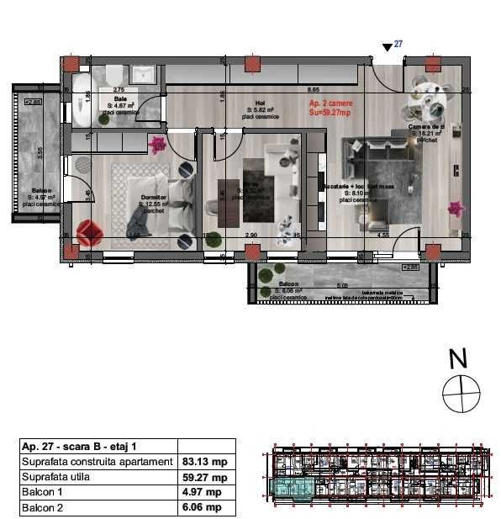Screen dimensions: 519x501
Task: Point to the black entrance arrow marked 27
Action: (387, 48)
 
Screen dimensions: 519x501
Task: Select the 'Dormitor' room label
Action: (153, 198)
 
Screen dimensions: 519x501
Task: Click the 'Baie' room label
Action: (121, 98)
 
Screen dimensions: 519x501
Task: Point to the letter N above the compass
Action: (458, 359)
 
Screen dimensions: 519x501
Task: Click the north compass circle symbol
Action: (461, 394)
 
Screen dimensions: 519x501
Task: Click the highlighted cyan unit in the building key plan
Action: (290, 486)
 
